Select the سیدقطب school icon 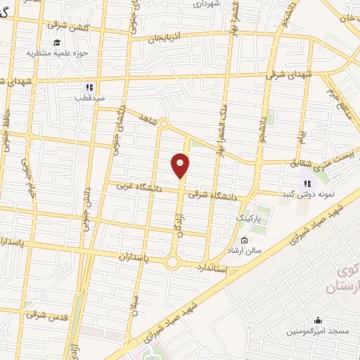click(x=89, y=87)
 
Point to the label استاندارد click(x=212, y=269)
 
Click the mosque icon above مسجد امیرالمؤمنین click(x=317, y=318)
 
